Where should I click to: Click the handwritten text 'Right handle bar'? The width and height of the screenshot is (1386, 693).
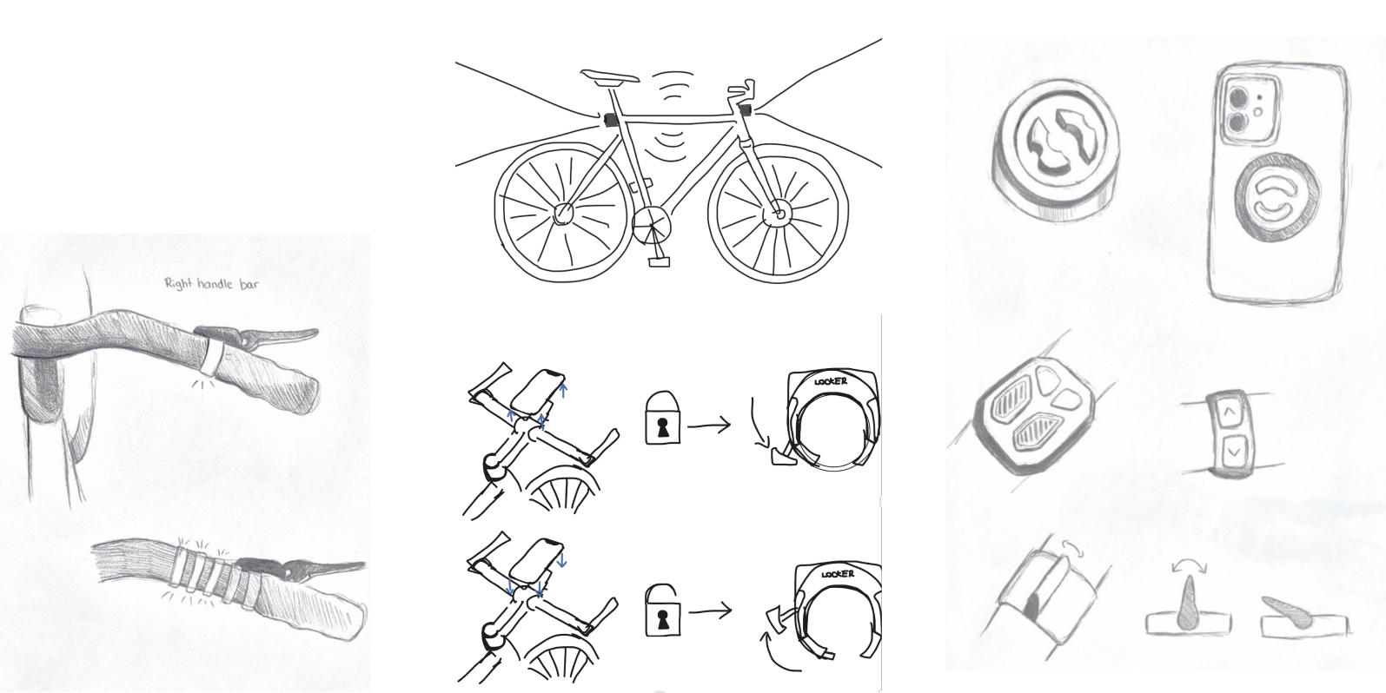coord(211,284)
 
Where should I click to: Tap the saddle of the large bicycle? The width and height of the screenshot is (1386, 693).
coord(609,76)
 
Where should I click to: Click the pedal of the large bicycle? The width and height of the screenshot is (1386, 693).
coord(659,262)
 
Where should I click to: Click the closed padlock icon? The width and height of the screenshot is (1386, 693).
coord(663,418)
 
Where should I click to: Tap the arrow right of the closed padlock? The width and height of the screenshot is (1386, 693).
coord(709,426)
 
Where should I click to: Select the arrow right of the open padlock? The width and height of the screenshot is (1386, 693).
coord(710,611)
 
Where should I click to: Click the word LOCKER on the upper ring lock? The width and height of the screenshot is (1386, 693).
coord(831,381)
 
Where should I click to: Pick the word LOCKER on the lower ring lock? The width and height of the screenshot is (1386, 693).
coord(838,574)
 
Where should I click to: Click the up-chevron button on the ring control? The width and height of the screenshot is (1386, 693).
coord(1230,411)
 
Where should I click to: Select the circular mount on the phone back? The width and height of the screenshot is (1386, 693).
coord(1277,199)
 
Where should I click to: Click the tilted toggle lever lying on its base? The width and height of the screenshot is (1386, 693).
coord(1287,612)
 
